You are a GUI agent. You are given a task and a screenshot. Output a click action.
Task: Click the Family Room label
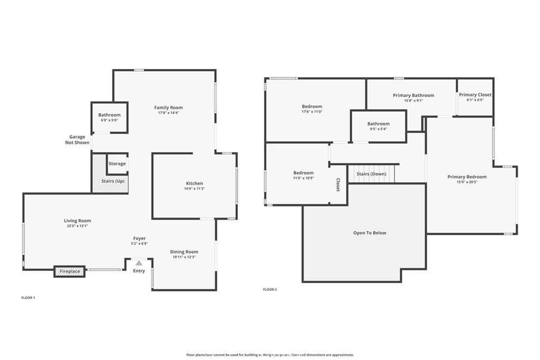(x=168, y=108)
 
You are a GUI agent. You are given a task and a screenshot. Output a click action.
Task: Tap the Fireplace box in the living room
(x=70, y=271)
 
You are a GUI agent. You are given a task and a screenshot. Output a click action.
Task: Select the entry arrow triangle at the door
(x=139, y=262)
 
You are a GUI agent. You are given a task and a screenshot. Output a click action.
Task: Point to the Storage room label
(x=117, y=163)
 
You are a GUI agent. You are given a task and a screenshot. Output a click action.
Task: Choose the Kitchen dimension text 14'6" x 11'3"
(x=194, y=189)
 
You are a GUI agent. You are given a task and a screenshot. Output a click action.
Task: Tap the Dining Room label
(x=184, y=251)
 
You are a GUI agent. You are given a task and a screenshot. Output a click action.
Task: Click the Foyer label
(x=139, y=238)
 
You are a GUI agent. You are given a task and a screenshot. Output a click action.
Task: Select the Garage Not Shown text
(x=77, y=140)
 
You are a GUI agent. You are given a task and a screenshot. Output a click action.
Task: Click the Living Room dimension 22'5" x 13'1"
(x=78, y=226)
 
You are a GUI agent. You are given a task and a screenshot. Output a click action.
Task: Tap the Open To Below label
(x=370, y=232)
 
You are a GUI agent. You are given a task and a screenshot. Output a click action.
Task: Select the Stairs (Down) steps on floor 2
(x=371, y=174)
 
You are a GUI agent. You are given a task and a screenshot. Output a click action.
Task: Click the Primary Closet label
(x=475, y=95)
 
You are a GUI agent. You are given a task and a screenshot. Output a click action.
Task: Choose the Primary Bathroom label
(x=413, y=95)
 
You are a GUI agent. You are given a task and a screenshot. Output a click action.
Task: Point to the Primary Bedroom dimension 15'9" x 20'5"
(x=467, y=182)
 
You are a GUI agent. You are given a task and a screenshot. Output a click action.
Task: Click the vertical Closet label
(x=338, y=184)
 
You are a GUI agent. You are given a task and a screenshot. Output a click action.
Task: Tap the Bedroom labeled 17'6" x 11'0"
(x=312, y=109)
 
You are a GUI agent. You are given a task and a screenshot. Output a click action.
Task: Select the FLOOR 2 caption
(x=269, y=289)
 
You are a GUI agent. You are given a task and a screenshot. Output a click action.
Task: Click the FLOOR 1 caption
(x=28, y=298)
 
